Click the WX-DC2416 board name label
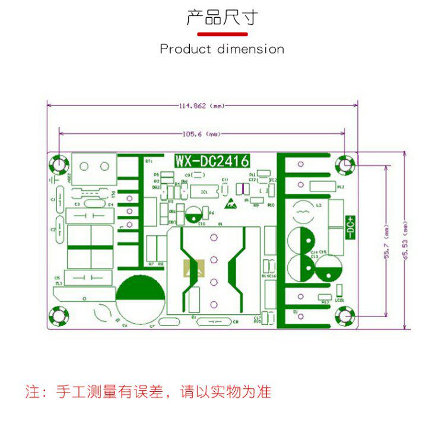point(211,161)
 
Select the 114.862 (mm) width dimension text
point(202,106)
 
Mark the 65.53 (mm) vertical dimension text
point(405,240)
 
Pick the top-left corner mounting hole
point(59,164)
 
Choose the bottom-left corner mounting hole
point(59,317)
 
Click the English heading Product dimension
point(222,49)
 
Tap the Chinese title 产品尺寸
point(222,18)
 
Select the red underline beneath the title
point(222,34)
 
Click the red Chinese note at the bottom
point(148,392)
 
